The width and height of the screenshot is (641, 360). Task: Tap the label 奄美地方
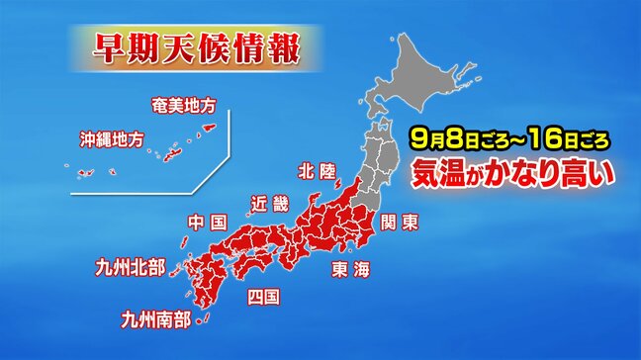(x=184, y=103)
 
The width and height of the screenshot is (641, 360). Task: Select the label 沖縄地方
(x=111, y=139)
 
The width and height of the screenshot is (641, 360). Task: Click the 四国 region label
(x=264, y=296)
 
